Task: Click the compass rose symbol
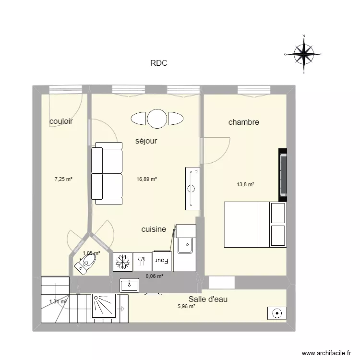click(303, 54)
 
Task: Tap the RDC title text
click(158, 63)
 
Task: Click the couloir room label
click(61, 121)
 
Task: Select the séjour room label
click(146, 141)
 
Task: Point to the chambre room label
click(243, 122)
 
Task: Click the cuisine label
click(154, 229)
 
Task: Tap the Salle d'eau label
click(208, 299)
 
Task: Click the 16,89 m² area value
click(147, 179)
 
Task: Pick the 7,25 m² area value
click(63, 179)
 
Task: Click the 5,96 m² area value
click(186, 306)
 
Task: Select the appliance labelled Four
click(162, 262)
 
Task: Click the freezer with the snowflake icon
click(122, 262)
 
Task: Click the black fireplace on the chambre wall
click(283, 175)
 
